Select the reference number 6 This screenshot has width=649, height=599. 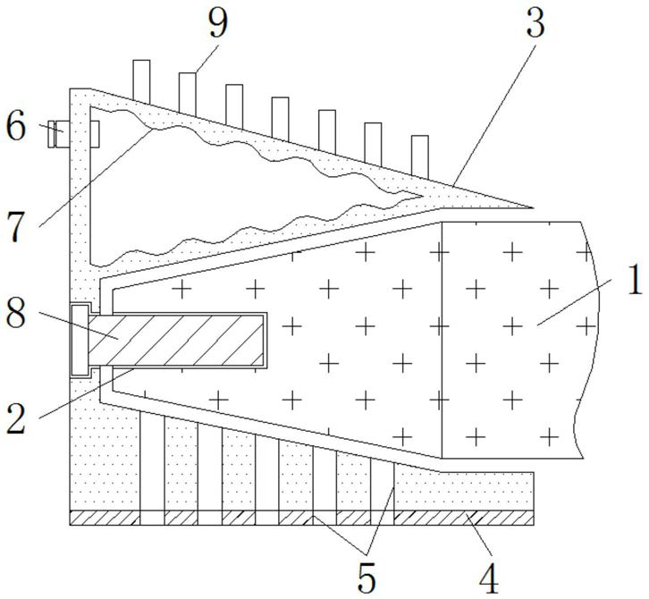pyautogui.click(x=17, y=127)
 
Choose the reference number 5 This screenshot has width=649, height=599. pyautogui.click(x=367, y=577)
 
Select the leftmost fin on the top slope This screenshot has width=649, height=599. pyautogui.click(x=141, y=80)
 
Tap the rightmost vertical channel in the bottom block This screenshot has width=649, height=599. pyautogui.click(x=384, y=487)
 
